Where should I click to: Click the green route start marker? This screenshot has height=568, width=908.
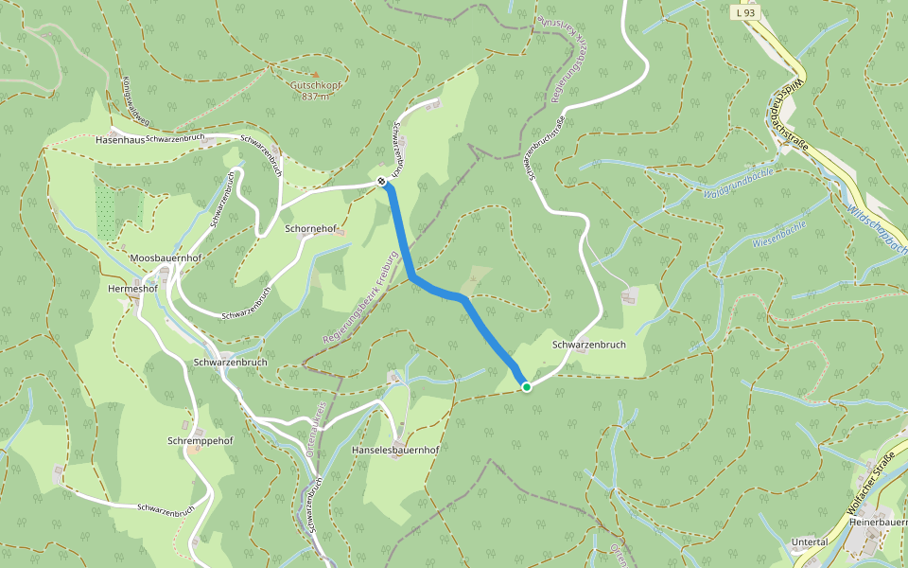coord(527,386)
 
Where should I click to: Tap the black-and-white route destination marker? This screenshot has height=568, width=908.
coord(381,181)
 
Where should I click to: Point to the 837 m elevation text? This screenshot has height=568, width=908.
coord(315,97)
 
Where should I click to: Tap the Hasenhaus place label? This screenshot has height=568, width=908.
coord(120,139)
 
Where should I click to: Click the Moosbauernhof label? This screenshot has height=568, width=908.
coord(166,258)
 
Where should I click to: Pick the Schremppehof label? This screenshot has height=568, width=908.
coord(200,441)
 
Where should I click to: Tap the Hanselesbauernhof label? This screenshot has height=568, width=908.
coord(395,450)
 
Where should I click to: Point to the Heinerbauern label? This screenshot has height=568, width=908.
coord(879,522)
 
